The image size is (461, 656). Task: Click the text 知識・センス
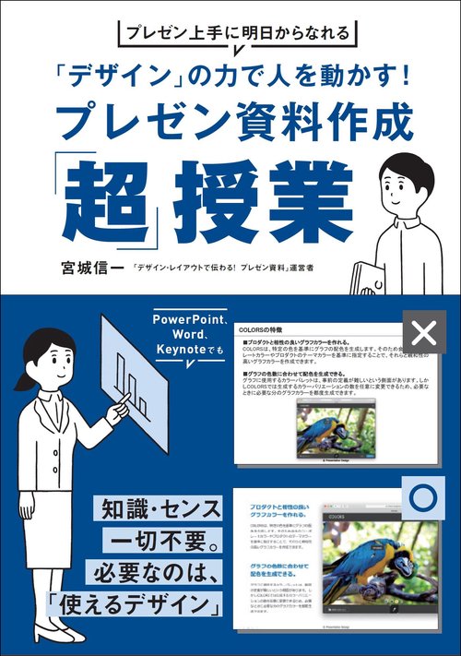point(158,508)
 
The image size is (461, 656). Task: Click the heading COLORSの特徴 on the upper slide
point(265,328)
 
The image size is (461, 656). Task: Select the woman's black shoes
point(57,635)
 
